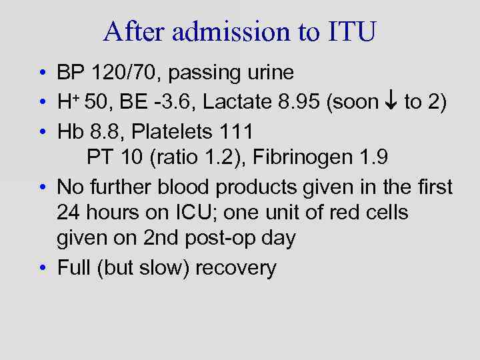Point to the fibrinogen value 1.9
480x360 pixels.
375,159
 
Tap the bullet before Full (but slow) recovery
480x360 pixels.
42,268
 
